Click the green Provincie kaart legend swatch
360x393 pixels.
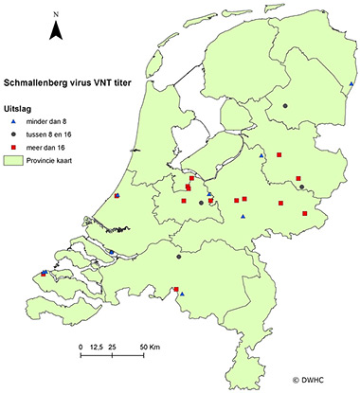click(16, 161)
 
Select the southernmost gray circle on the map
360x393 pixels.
click(178, 256)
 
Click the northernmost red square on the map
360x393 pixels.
click(279, 154)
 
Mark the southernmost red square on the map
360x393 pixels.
click(175, 290)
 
